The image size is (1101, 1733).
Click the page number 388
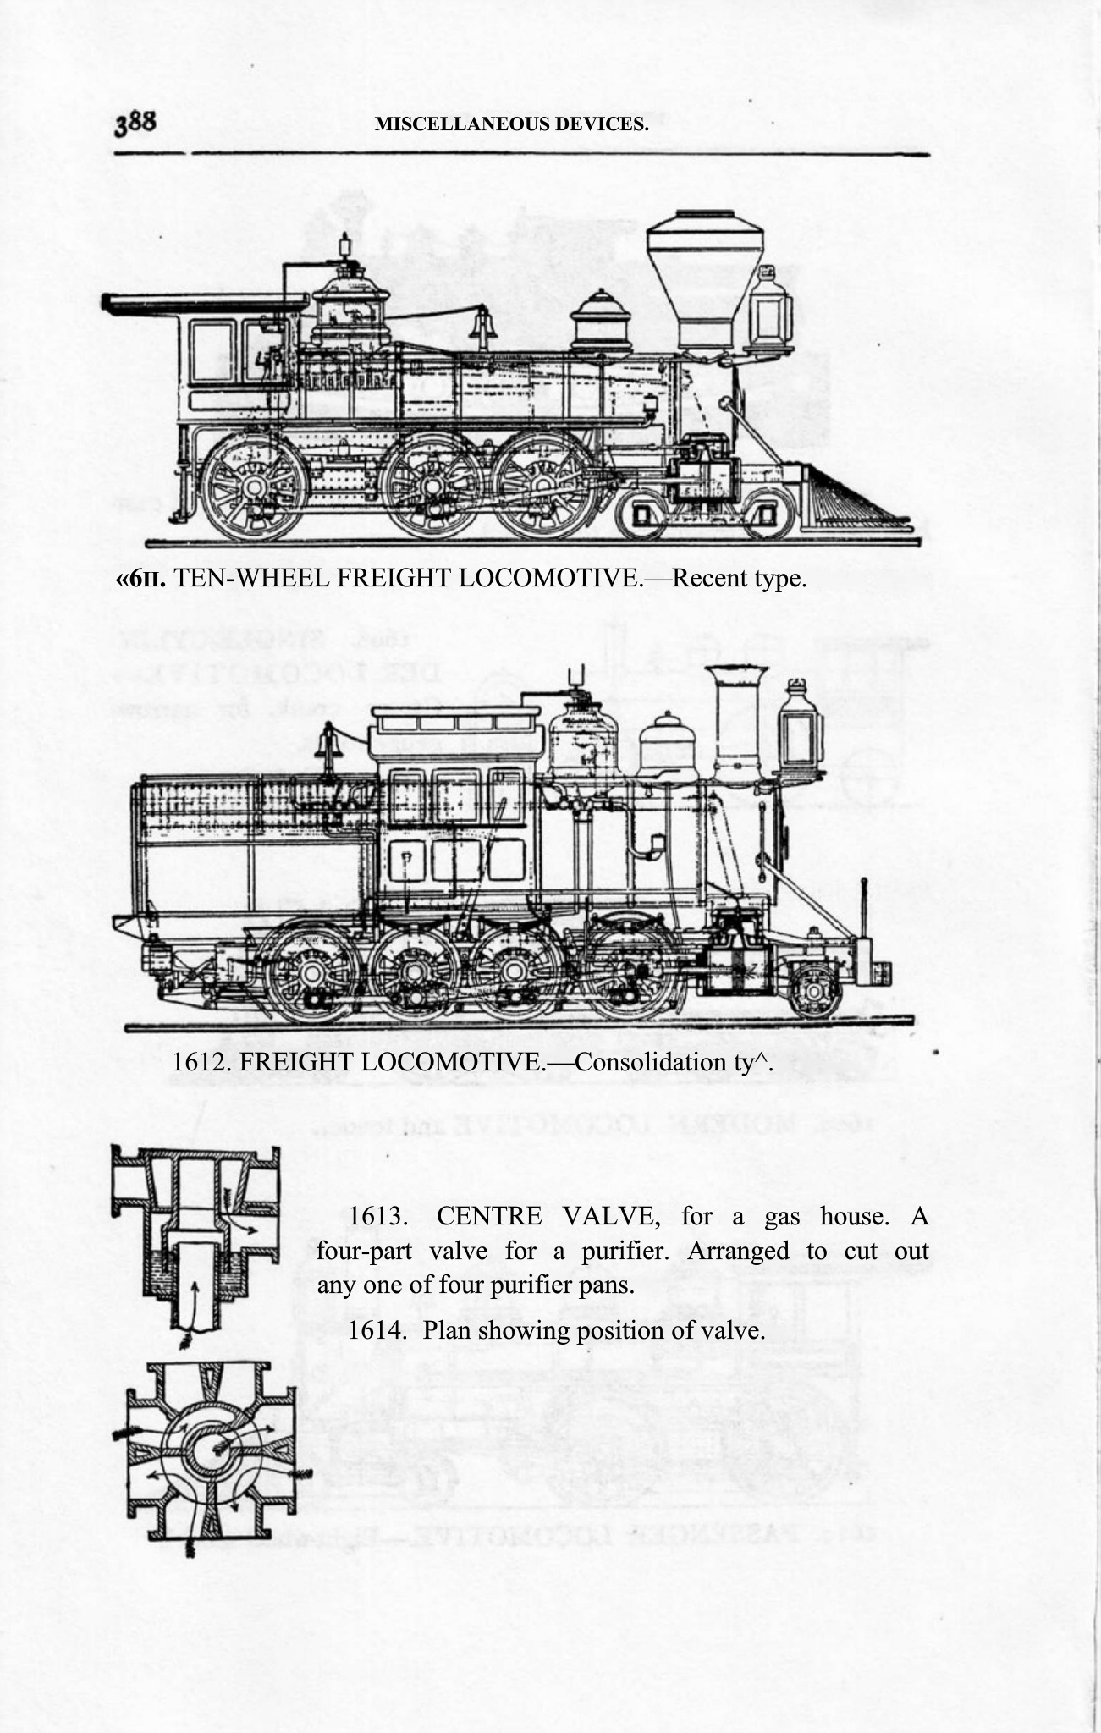click(135, 124)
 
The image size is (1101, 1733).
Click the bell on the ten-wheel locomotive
click(483, 326)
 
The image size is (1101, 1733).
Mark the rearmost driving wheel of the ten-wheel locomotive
click(253, 487)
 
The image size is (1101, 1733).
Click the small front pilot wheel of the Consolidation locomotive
click(814, 990)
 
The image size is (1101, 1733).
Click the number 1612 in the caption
click(200, 1061)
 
